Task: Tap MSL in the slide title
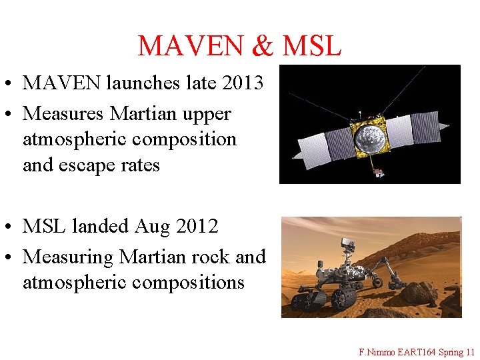pyautogui.click(x=311, y=46)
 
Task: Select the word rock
pyautogui.click(x=207, y=257)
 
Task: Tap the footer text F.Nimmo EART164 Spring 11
pyautogui.click(x=416, y=351)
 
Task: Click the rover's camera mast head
pyautogui.click(x=347, y=241)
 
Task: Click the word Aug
pyautogui.click(x=152, y=227)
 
